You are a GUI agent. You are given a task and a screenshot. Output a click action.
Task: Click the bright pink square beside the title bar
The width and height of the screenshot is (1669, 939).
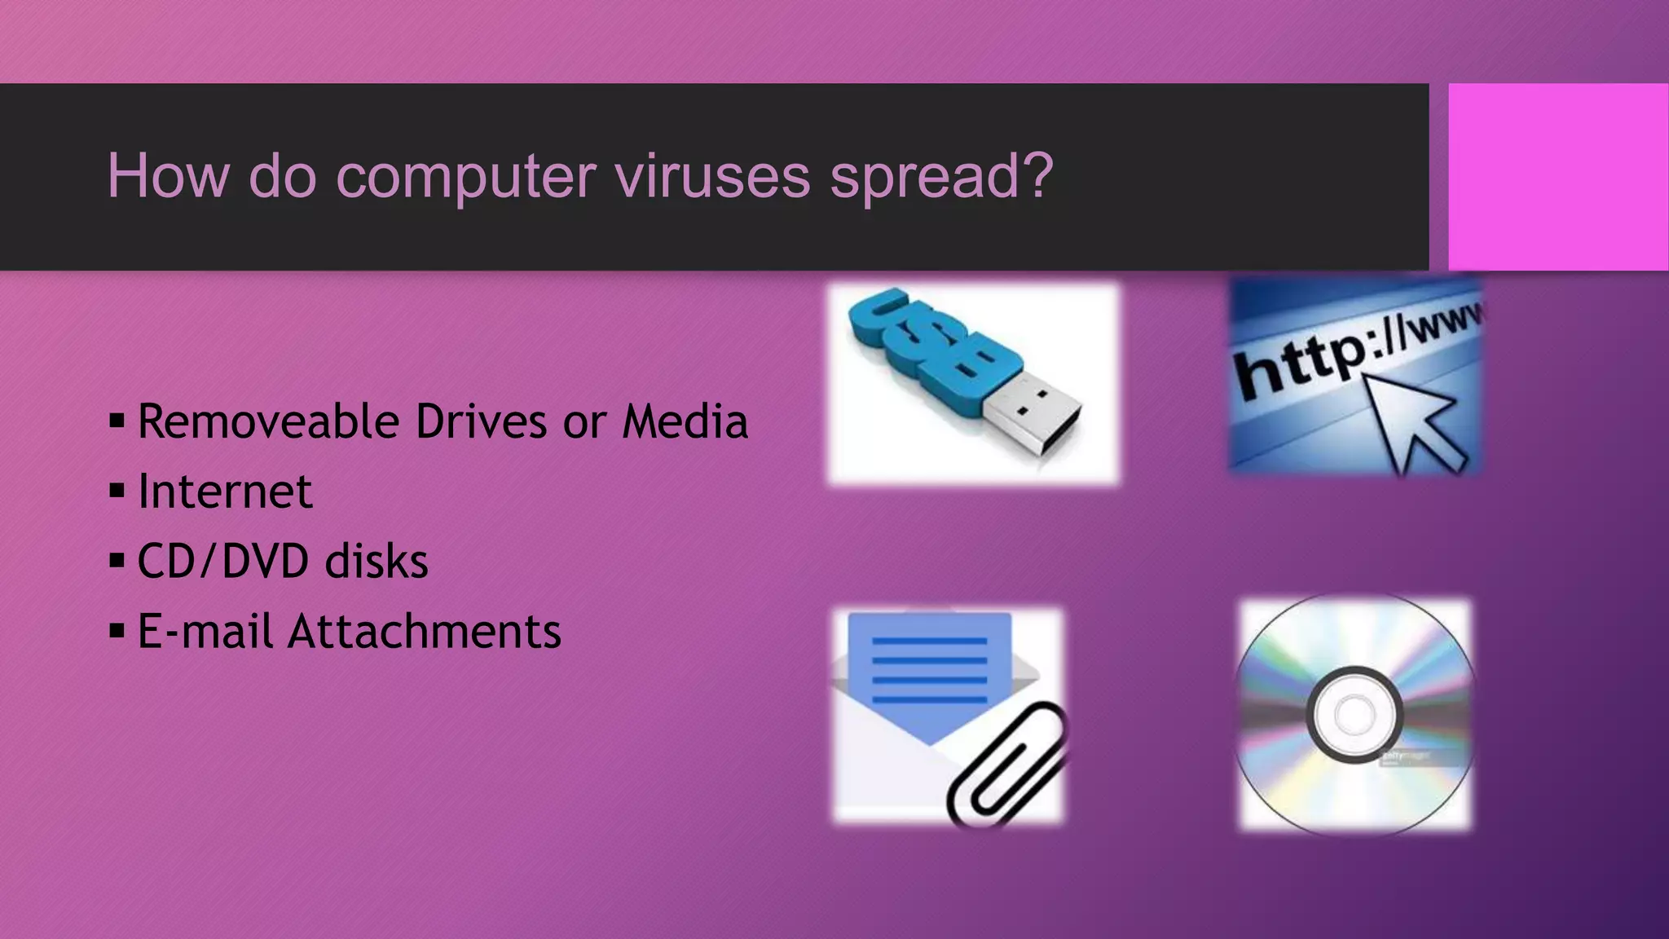click(1557, 177)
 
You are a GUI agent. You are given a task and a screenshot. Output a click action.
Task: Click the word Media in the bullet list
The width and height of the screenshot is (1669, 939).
click(685, 422)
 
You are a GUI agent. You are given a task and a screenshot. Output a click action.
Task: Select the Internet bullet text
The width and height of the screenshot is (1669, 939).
click(225, 492)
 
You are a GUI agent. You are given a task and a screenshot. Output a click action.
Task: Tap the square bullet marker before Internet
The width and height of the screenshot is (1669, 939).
click(117, 492)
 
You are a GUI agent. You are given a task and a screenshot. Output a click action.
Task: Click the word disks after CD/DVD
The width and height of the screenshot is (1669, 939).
click(376, 562)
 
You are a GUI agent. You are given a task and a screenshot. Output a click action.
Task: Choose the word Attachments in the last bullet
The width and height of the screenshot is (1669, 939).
click(424, 632)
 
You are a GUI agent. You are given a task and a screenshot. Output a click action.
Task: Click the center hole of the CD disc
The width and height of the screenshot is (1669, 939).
click(1354, 715)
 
